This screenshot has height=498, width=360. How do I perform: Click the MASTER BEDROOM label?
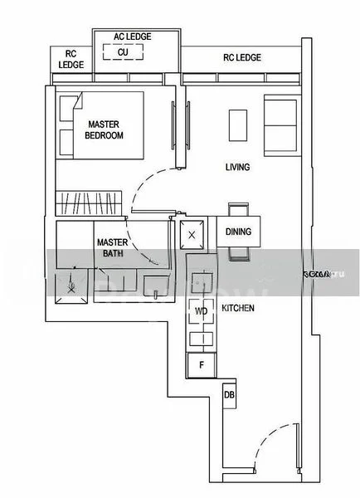[x=105, y=129]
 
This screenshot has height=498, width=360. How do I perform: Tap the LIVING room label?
[x=237, y=167]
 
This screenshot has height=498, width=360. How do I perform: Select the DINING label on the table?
[x=239, y=232]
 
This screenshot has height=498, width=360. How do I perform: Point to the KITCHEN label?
[x=238, y=309]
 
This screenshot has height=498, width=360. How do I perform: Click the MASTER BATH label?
[x=110, y=248]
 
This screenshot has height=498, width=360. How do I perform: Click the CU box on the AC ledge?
[x=123, y=52]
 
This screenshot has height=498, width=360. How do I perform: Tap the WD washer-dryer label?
[x=200, y=311]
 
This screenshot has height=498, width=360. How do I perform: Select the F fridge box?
[x=201, y=364]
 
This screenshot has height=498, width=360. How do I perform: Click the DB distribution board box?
[x=230, y=396]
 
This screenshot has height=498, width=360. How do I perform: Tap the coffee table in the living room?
[x=237, y=124]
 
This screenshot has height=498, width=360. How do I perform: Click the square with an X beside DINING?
[x=192, y=235]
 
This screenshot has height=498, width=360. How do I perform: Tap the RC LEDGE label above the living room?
[x=242, y=57]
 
